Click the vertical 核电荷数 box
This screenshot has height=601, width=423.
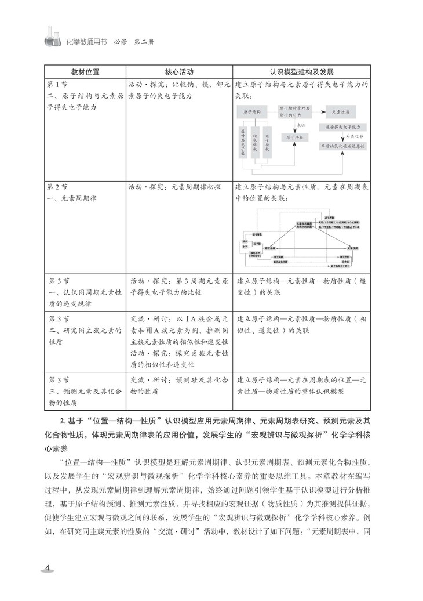click(x=256, y=140)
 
